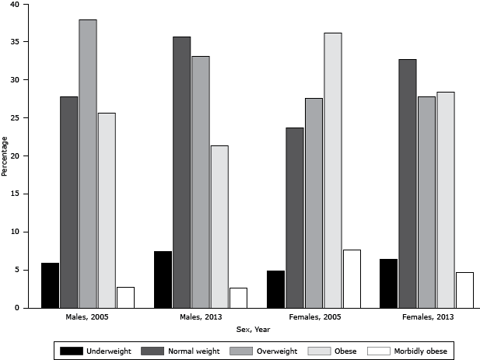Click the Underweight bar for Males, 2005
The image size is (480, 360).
(50, 285)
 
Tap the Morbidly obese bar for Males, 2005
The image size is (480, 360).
(125, 298)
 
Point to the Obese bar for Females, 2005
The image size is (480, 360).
(332, 170)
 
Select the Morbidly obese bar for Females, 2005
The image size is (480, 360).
(351, 279)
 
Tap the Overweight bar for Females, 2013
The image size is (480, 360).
(426, 202)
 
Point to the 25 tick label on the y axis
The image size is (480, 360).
(19, 118)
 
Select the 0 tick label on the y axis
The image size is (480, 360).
(22, 309)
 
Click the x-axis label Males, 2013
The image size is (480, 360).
(201, 318)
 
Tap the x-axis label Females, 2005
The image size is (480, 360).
(314, 318)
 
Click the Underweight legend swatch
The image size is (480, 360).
(71, 351)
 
